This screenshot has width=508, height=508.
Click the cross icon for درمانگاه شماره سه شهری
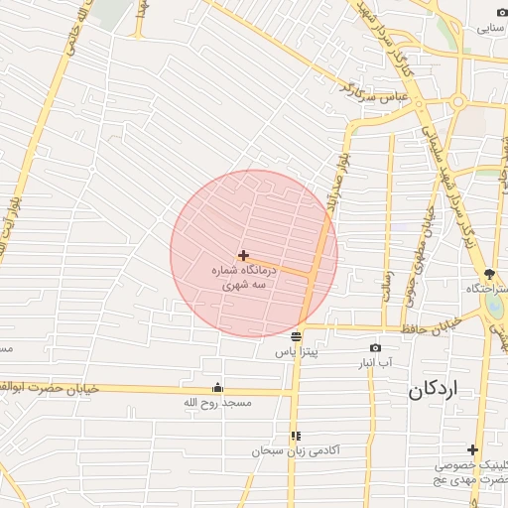pyautogui.click(x=243, y=255)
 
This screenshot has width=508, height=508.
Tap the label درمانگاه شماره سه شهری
pyautogui.click(x=243, y=276)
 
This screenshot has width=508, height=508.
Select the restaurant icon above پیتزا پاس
pyautogui.click(x=296, y=335)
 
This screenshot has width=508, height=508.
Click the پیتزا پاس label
pyautogui.click(x=296, y=352)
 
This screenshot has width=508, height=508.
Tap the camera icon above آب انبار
pyautogui.click(x=375, y=347)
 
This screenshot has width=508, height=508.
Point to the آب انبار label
pyautogui.click(x=376, y=363)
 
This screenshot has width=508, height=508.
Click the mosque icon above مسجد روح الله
pyautogui.click(x=218, y=388)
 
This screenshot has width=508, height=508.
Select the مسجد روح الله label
pyautogui.click(x=218, y=404)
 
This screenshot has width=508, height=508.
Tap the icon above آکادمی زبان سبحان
pyautogui.click(x=296, y=436)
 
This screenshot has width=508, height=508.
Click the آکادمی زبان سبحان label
pyautogui.click(x=296, y=451)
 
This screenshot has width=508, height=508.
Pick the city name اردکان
pyautogui.click(x=434, y=391)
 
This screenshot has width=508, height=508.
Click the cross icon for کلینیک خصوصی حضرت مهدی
pyautogui.click(x=472, y=449)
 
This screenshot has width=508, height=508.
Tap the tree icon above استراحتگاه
pyautogui.click(x=489, y=274)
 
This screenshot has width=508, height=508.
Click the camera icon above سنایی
pyautogui.click(x=501, y=13)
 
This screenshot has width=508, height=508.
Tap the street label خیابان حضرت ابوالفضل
pyautogui.click(x=50, y=387)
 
